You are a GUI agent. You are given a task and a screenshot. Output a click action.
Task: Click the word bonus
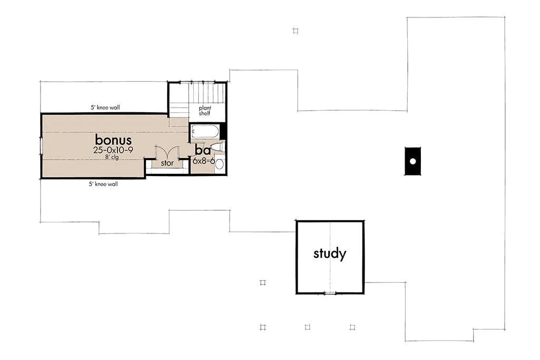113,140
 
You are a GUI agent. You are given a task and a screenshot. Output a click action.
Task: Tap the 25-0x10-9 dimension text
113,150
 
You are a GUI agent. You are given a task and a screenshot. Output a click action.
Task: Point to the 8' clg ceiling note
112,157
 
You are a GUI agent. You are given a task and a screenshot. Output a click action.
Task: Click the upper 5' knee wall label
105,108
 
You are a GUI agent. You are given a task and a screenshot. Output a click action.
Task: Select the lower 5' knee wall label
103,184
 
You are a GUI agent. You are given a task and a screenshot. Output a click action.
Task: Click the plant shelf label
205,111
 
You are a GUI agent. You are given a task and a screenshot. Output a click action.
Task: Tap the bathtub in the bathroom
205,132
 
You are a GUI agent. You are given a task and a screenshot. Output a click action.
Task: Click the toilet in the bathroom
218,148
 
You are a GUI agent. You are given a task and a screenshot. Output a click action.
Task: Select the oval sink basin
219,164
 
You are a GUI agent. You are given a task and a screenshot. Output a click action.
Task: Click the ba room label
203,151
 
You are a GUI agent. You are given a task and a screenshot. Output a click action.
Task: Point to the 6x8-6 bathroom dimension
204,161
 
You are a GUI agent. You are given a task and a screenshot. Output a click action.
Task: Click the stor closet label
168,163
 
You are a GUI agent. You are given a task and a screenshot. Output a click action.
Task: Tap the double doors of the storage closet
167,152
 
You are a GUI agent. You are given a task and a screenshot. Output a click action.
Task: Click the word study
330,254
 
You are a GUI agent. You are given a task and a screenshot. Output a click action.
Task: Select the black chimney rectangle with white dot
413,161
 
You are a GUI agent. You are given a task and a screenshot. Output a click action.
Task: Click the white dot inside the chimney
413,161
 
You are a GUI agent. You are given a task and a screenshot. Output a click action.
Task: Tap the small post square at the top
295,31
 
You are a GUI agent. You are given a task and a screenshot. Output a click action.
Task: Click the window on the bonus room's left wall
41,146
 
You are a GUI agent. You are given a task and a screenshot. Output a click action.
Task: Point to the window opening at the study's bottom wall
330,294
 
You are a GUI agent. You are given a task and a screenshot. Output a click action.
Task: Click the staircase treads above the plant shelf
207,93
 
